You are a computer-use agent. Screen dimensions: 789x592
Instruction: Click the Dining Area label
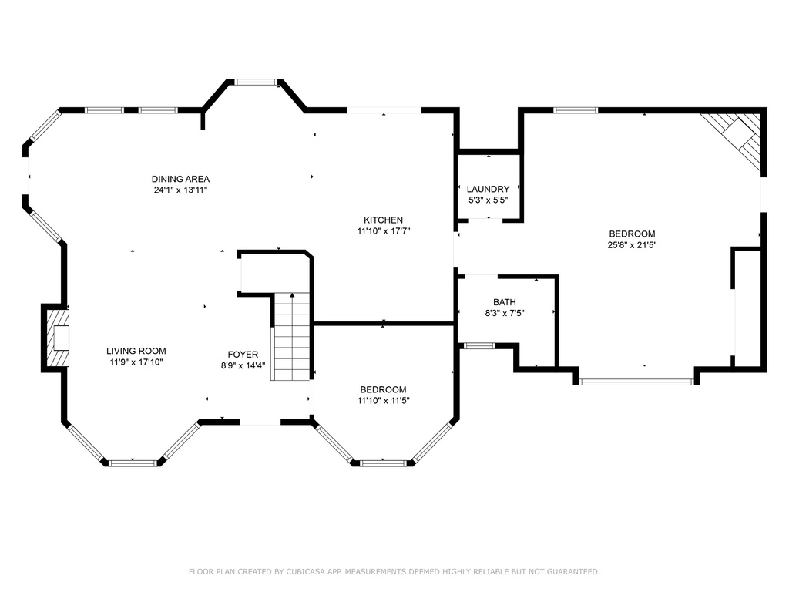tap(180, 179)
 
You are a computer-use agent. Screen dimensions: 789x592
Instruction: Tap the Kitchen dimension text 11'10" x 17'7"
tap(384, 231)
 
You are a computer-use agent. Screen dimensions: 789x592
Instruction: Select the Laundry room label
tap(488, 189)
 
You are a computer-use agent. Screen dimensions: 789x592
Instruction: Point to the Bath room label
tap(504, 302)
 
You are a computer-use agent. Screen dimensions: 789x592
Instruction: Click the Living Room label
tap(136, 351)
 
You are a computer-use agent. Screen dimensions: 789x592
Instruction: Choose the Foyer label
tap(243, 355)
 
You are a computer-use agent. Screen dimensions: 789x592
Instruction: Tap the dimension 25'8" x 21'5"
tap(632, 245)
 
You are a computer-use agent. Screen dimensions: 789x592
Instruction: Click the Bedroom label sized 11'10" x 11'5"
tap(384, 389)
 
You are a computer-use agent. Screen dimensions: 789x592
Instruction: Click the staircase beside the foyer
tap(290, 336)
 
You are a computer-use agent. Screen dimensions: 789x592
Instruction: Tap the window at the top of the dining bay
tap(257, 82)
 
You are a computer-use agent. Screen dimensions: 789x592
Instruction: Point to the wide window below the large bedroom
tap(636, 382)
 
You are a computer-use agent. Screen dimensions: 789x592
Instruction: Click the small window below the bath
tap(479, 346)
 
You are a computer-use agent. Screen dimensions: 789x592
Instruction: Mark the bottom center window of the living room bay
tap(133, 463)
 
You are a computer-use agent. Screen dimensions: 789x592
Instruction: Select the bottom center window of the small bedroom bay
tap(384, 463)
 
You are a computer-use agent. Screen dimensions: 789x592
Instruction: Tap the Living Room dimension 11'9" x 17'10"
tap(136, 362)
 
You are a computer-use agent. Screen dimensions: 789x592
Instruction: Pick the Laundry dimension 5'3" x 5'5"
tap(488, 200)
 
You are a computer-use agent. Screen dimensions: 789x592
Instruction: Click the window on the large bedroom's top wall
tap(576, 110)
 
